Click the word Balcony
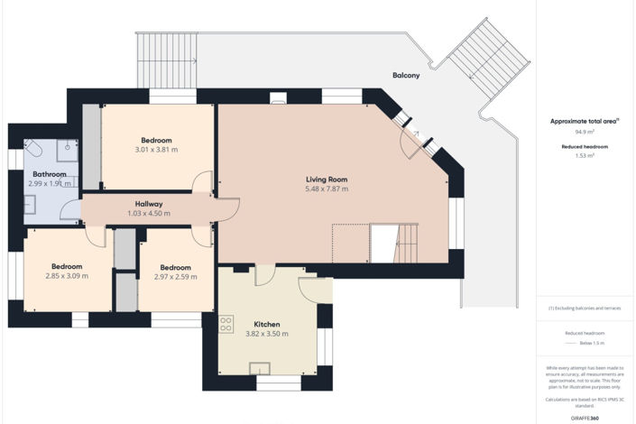point(406,76)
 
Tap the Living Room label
point(327,179)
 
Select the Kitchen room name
point(266,323)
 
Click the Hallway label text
point(148,204)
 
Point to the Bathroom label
point(50,174)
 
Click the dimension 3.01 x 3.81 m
point(156,150)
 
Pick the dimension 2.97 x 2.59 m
point(175,277)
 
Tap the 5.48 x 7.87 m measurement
point(327,189)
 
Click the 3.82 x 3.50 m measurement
point(266,334)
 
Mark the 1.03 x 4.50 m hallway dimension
point(148,214)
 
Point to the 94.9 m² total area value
point(585,130)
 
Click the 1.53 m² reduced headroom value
point(585,155)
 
